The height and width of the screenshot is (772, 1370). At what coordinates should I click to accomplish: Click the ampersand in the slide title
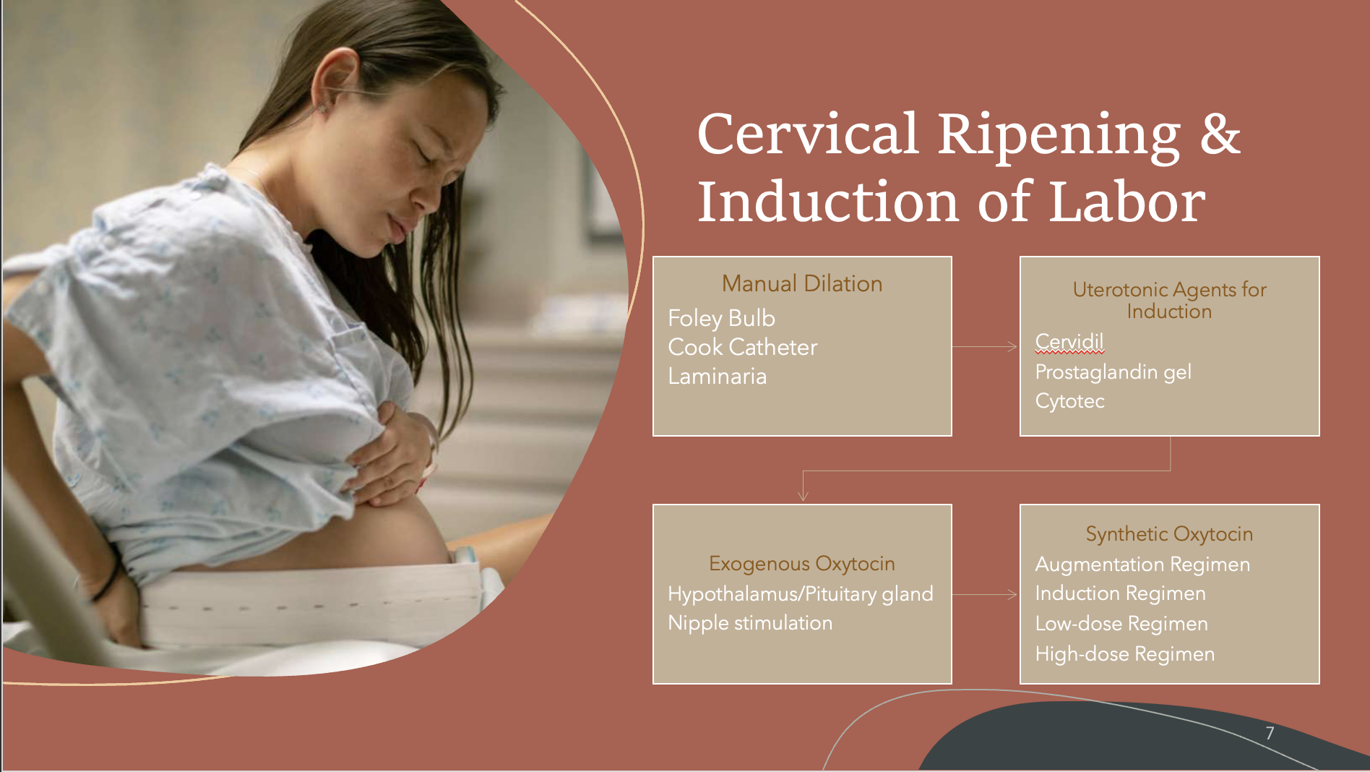point(1220,134)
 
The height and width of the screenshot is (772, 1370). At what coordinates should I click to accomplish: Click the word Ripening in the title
point(1058,136)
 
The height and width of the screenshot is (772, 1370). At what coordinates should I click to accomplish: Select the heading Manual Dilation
point(802,283)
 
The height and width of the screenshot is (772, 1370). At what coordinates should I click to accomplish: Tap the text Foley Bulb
point(721,318)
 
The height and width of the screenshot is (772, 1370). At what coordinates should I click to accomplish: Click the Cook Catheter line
point(742,347)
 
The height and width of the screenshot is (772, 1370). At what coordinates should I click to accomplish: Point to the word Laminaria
point(717,376)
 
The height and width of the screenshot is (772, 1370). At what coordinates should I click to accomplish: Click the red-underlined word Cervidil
point(1069,341)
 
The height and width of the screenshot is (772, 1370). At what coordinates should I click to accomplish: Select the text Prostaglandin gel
point(1113,372)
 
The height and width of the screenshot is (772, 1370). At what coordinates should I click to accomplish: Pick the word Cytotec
point(1069,400)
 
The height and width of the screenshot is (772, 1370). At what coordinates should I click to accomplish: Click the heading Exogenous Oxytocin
point(801,563)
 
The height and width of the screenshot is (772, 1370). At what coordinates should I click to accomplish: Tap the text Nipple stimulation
point(750,622)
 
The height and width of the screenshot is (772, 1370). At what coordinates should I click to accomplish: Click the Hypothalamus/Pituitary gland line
point(800,593)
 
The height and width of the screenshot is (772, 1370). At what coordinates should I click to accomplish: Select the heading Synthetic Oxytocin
point(1168,533)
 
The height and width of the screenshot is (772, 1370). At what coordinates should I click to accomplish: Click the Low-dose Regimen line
point(1121,623)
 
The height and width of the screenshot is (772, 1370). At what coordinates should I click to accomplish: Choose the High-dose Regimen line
point(1124,653)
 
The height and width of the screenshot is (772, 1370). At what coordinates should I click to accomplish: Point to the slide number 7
point(1270,733)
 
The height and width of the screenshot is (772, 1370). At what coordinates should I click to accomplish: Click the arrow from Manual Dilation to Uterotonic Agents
point(985,347)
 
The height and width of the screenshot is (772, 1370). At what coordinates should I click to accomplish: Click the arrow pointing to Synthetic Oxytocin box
point(985,594)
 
